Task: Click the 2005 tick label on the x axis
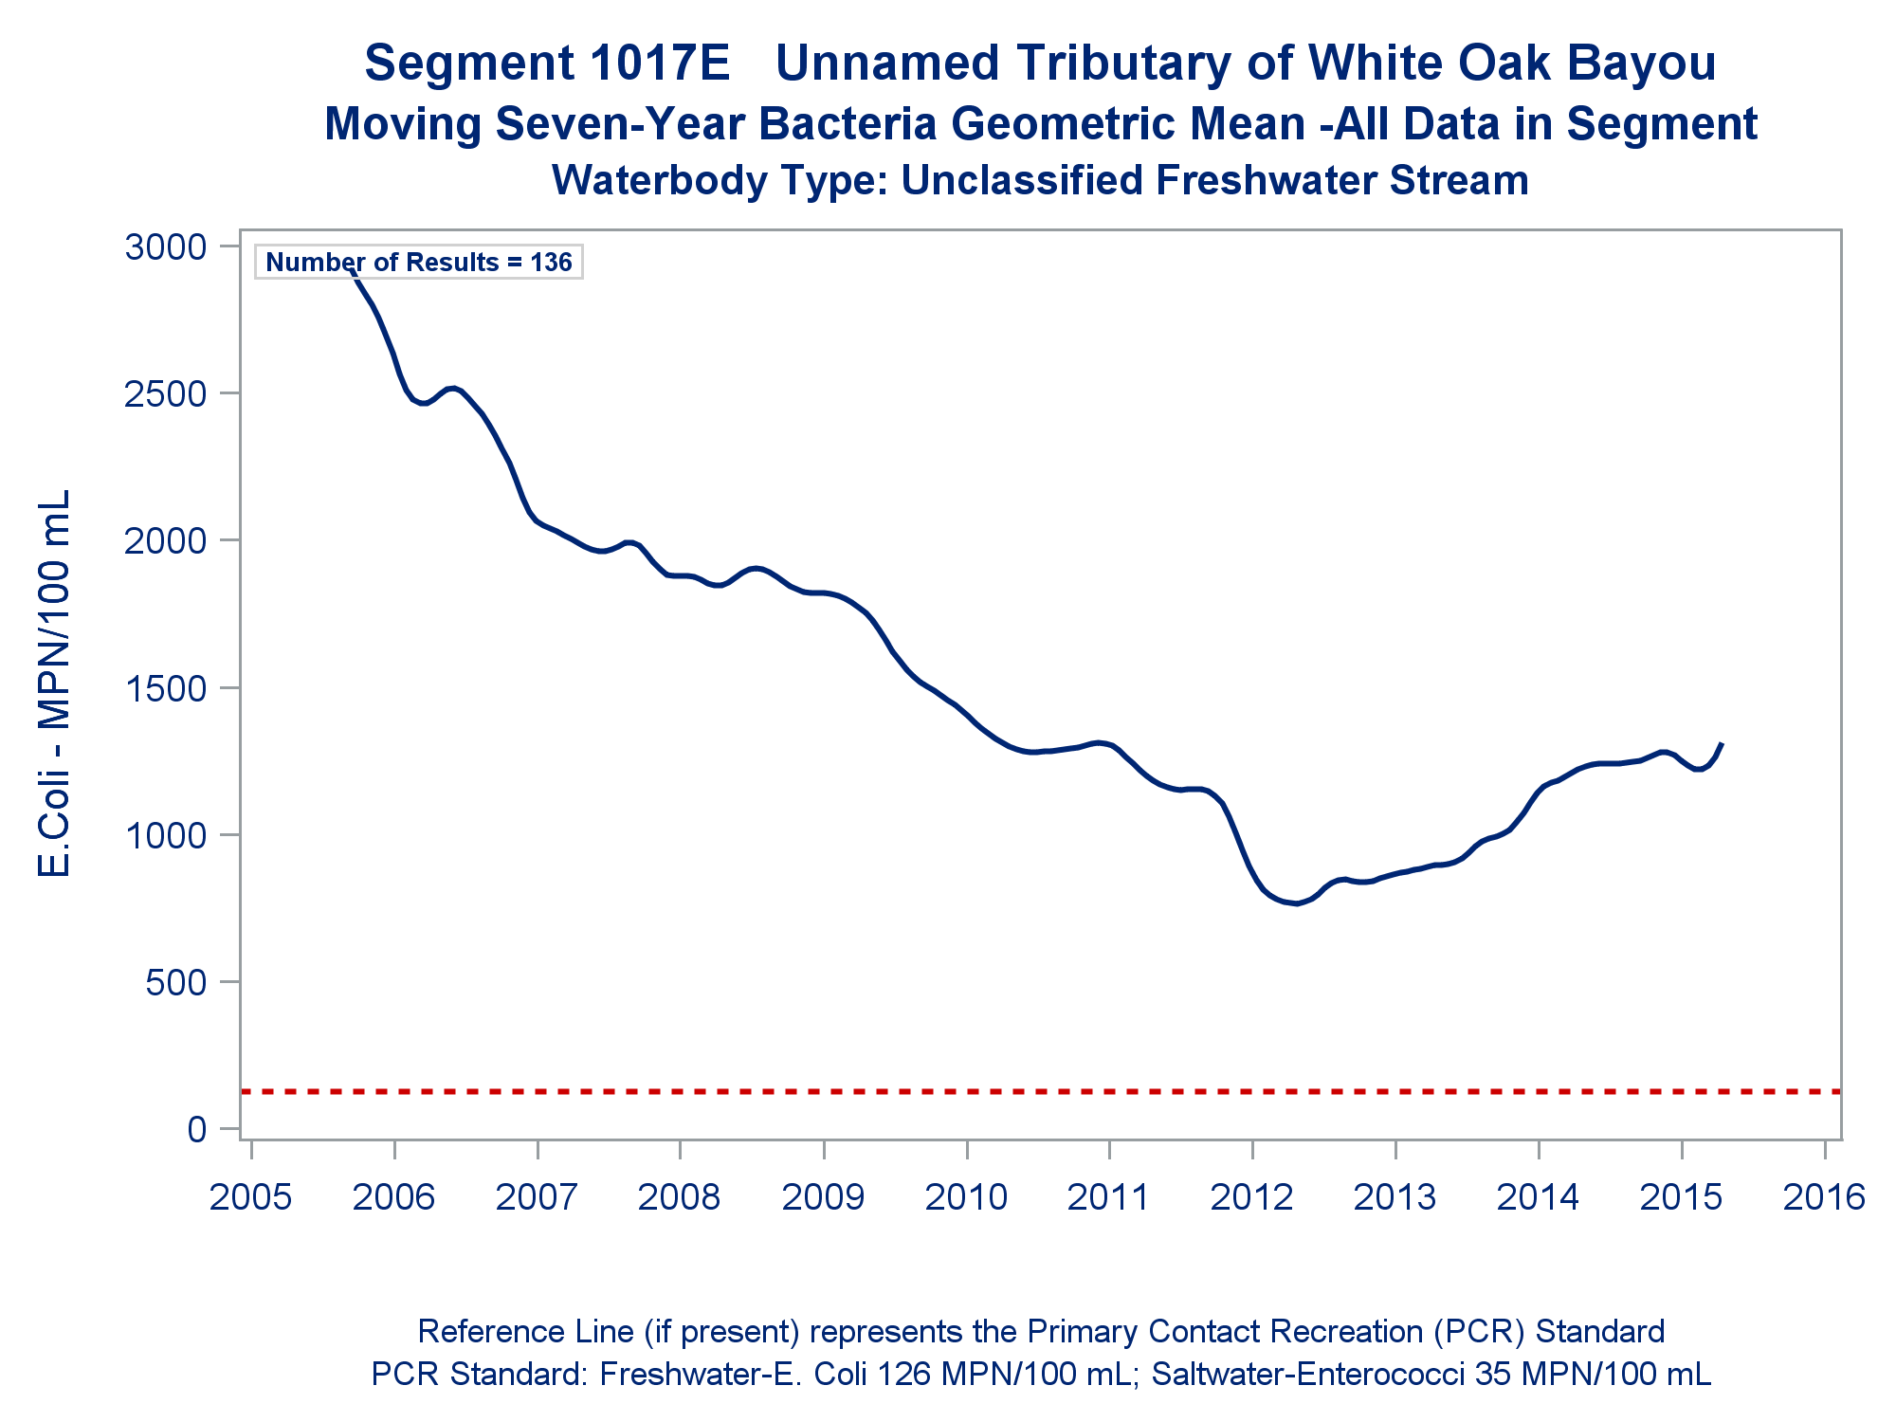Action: [x=250, y=1197]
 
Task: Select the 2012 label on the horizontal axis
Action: [x=1251, y=1197]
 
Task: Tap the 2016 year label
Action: [x=1824, y=1197]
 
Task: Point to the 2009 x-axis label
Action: [x=823, y=1197]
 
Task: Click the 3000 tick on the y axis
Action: [x=165, y=246]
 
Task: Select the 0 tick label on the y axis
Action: [x=197, y=1129]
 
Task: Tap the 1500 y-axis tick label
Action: [x=165, y=688]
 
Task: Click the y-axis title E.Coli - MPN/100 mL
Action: [x=55, y=683]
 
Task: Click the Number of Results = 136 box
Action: [x=418, y=263]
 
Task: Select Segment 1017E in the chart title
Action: [x=547, y=64]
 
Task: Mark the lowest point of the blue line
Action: [x=1297, y=903]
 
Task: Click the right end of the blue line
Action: [x=1721, y=745]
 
